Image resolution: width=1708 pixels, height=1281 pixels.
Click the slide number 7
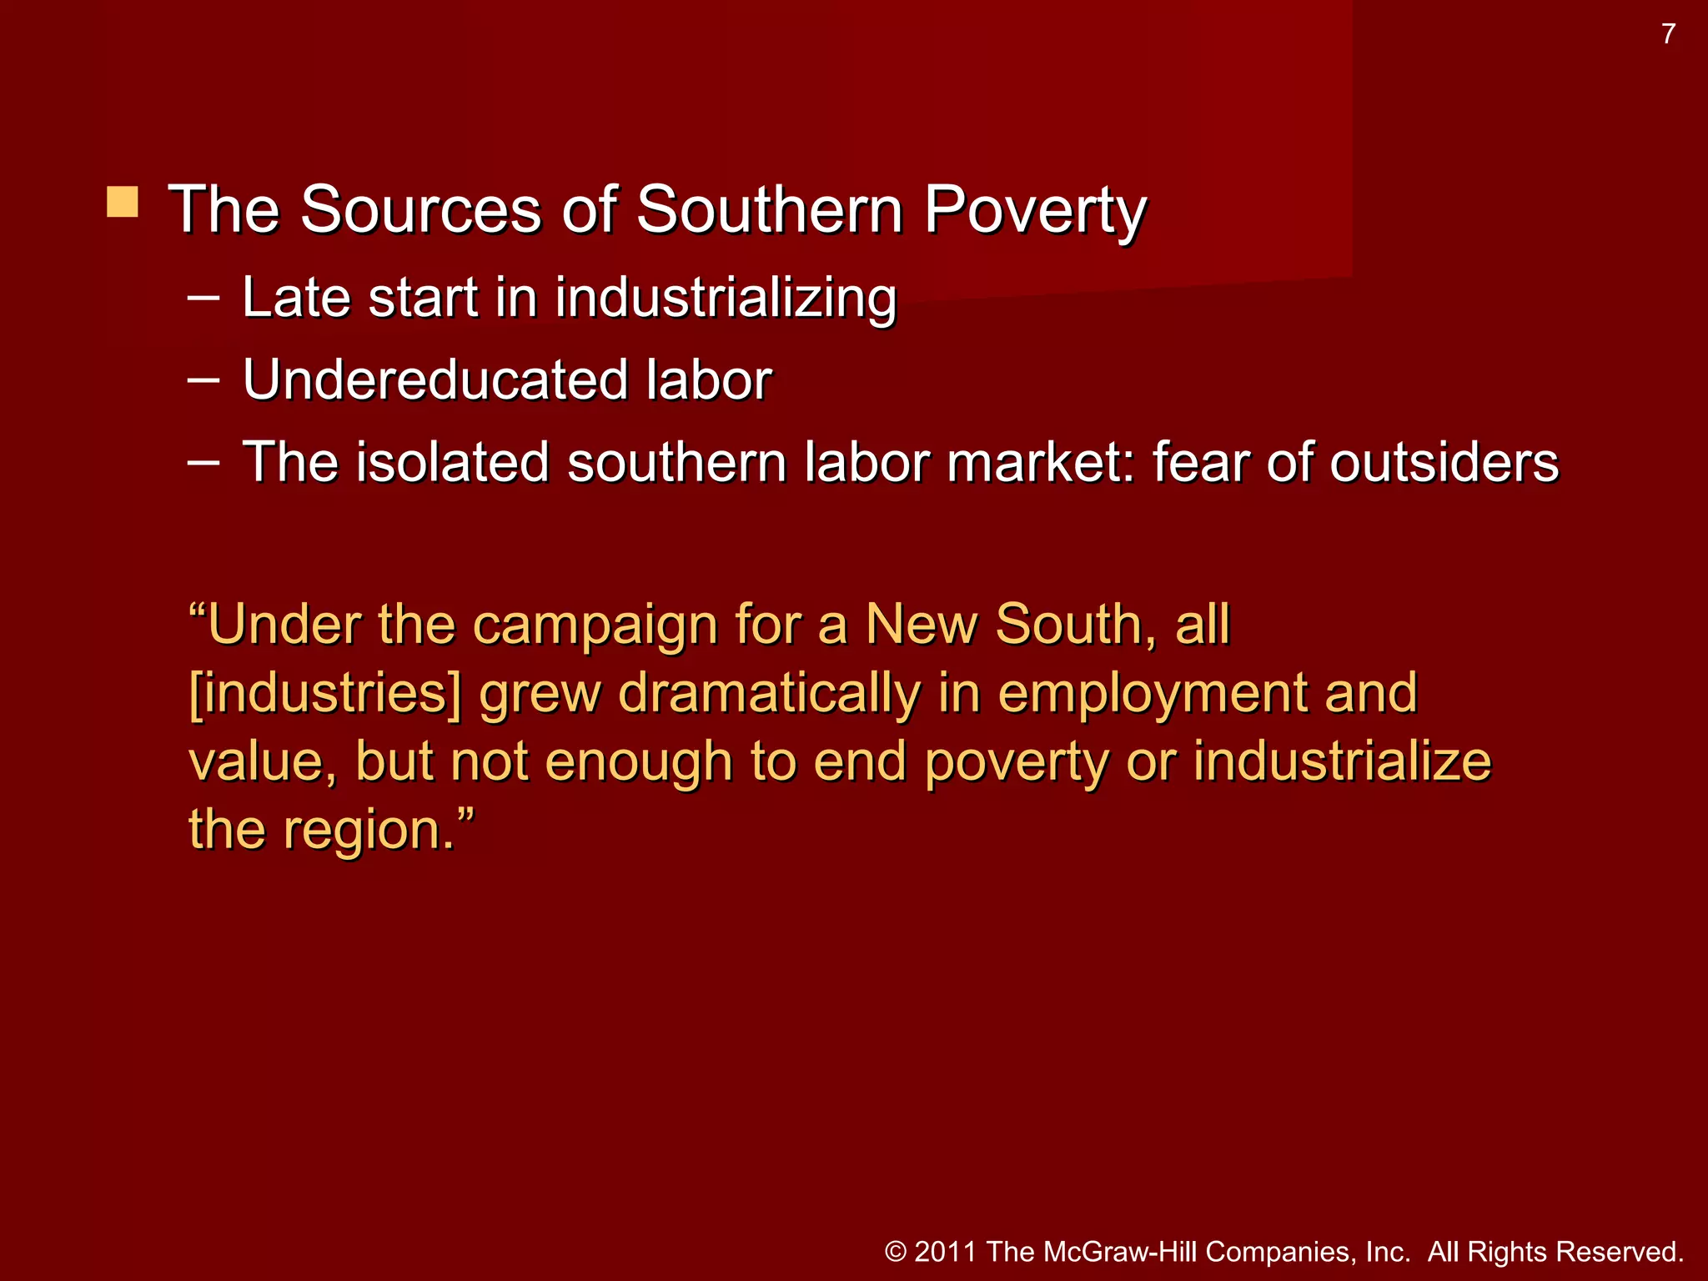[x=1668, y=34]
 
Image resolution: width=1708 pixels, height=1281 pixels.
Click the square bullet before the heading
[x=123, y=203]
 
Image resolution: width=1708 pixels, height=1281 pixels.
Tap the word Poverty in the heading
[x=1035, y=209]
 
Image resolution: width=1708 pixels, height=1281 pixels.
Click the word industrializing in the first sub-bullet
[x=726, y=298]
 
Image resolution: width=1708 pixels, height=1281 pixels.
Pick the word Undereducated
[x=434, y=380]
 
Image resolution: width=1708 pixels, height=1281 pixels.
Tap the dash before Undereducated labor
[x=203, y=379]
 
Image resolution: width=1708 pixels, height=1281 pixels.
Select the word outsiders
[x=1444, y=462]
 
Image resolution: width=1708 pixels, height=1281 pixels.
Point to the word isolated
[x=453, y=462]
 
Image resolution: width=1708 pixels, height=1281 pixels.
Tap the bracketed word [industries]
[x=324, y=694]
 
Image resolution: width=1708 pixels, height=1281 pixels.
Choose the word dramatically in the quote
[x=768, y=694]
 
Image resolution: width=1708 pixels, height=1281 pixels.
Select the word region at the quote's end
[x=370, y=831]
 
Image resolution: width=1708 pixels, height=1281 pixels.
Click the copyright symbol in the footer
[x=896, y=1252]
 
